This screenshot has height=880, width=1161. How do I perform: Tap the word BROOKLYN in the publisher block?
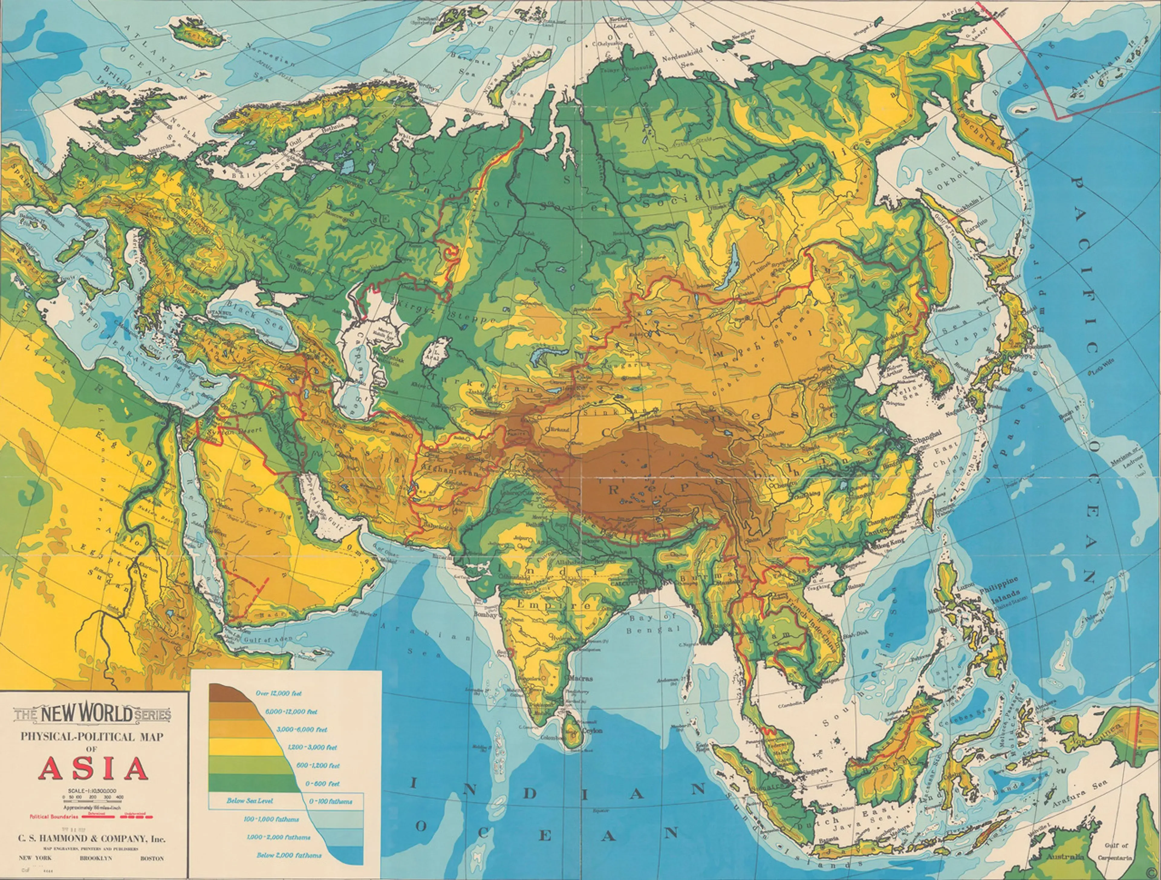point(96,859)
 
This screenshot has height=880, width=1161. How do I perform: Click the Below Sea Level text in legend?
point(249,801)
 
